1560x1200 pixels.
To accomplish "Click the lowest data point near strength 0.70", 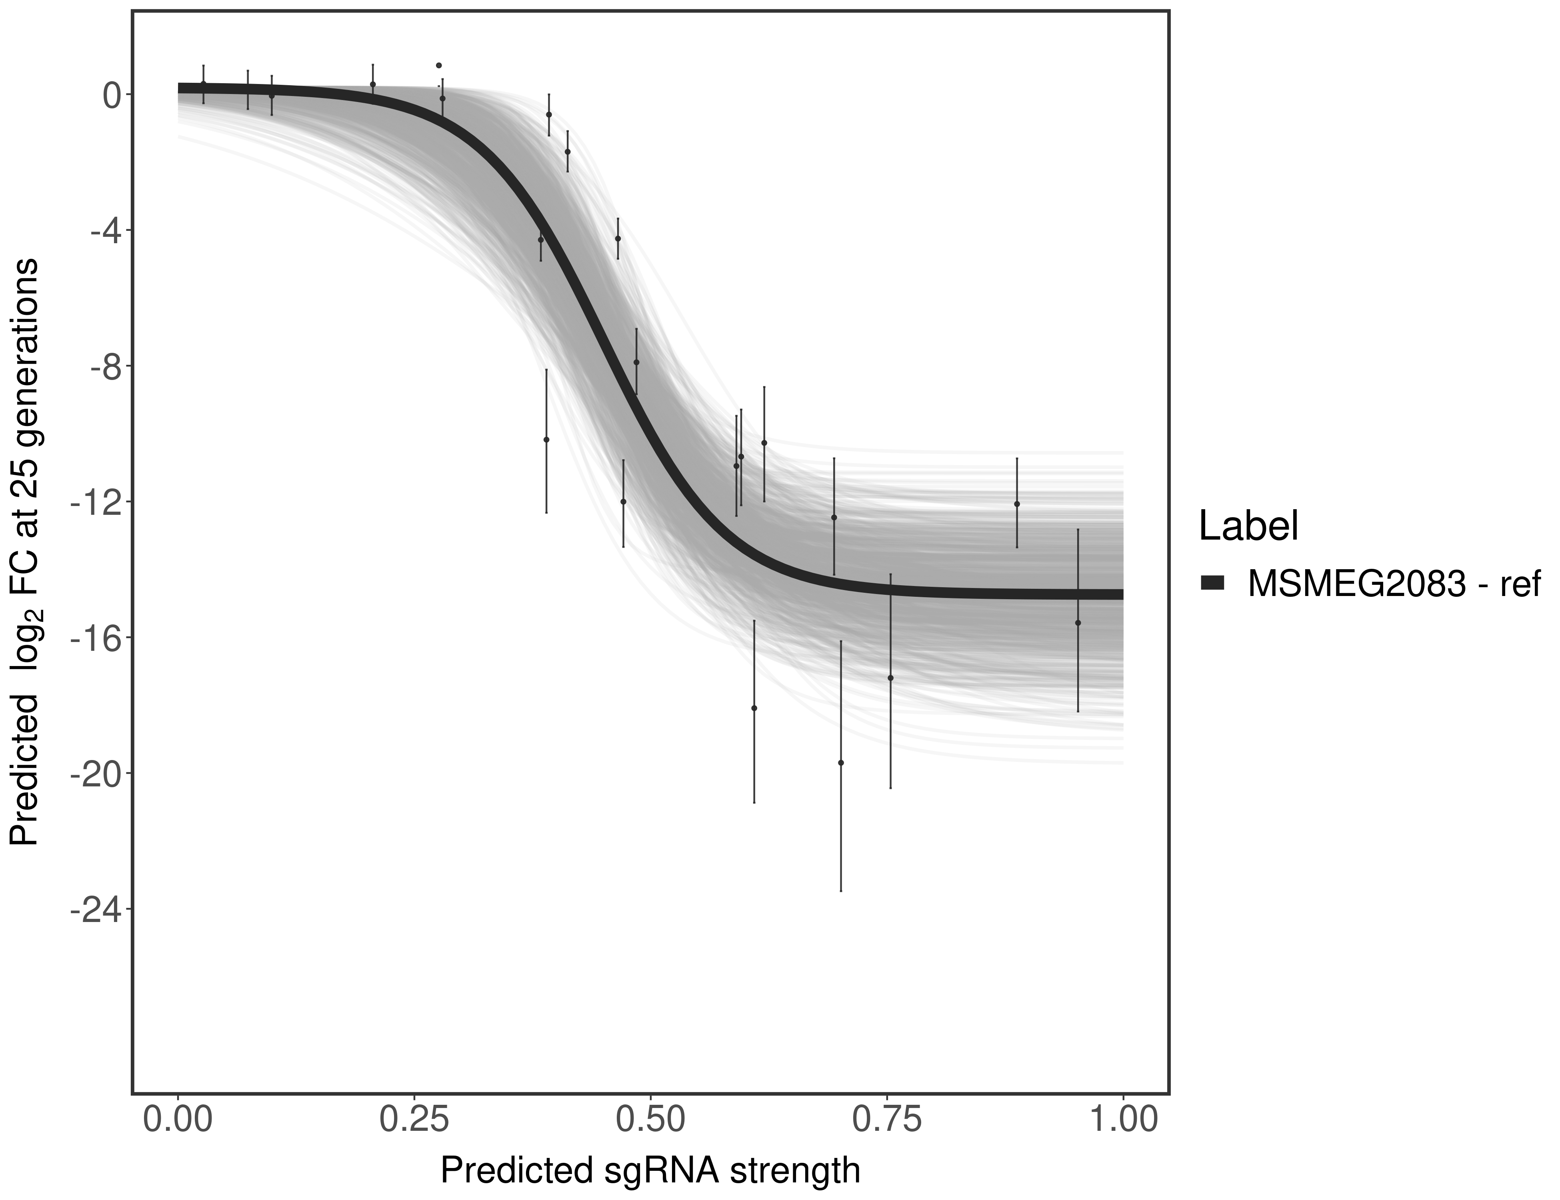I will coord(841,763).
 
